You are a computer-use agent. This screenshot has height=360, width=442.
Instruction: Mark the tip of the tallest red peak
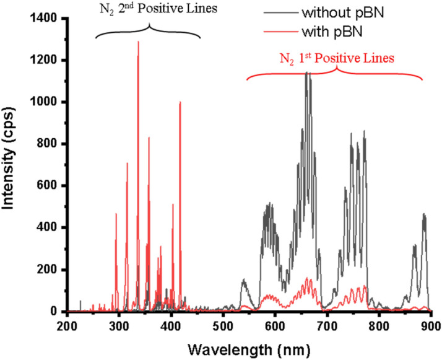138,42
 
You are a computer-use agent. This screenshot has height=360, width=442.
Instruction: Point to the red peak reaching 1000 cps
180,102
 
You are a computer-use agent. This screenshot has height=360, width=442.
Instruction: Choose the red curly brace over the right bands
335,72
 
